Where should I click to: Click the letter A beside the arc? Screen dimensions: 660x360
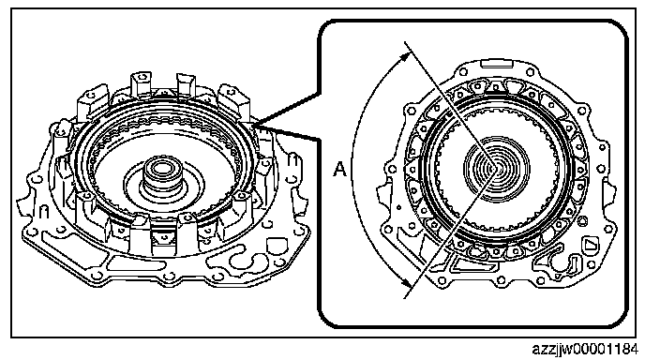tap(339, 170)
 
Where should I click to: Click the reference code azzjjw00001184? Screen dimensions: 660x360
tap(585, 350)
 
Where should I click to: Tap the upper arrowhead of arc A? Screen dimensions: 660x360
tap(405, 55)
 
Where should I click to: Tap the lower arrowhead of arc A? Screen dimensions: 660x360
tap(407, 283)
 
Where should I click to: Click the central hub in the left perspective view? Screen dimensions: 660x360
tap(160, 178)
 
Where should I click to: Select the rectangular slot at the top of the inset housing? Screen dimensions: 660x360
tap(497, 64)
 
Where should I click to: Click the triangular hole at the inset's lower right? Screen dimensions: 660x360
tap(590, 245)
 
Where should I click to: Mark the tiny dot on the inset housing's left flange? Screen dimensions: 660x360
tap(398, 207)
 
